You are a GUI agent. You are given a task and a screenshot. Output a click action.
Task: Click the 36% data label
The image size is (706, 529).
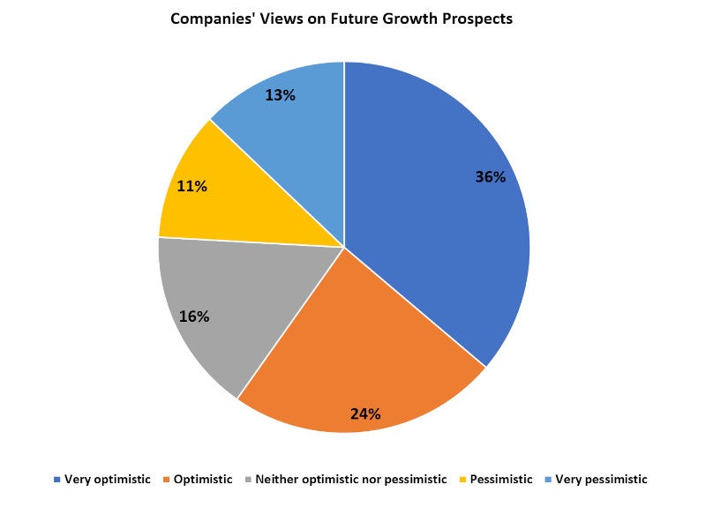490,176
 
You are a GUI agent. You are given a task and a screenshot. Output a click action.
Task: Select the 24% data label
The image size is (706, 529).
365,413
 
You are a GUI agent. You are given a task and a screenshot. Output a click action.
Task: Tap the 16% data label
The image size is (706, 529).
193,316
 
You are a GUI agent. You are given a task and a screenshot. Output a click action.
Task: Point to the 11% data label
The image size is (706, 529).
192,186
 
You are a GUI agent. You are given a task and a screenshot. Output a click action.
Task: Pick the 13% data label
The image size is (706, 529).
280,94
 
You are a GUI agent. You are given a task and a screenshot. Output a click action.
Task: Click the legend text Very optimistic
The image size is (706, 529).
108,480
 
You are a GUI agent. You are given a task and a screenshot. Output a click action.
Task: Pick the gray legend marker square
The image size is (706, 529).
248,480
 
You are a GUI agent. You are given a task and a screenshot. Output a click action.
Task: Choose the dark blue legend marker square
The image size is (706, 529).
57,480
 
